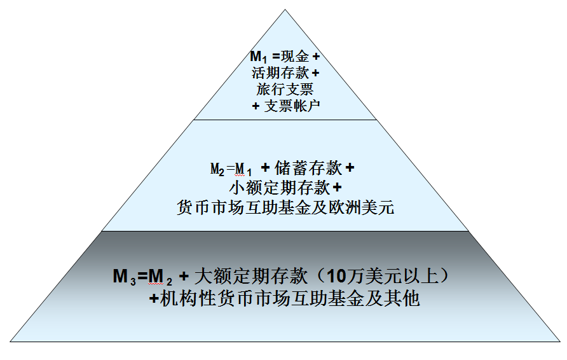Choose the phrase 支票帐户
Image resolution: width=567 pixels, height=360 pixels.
click(292, 106)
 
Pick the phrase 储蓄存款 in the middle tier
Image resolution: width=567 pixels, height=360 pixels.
click(307, 169)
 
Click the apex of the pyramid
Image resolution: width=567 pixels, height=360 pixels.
click(285, 10)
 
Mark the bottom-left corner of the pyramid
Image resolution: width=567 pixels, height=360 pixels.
click(10, 342)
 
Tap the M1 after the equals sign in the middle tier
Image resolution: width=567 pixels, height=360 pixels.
click(244, 169)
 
